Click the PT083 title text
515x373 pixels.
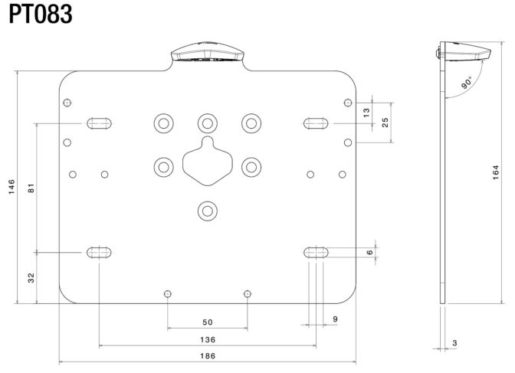pyautogui.click(x=41, y=15)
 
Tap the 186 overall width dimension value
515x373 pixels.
pyautogui.click(x=208, y=356)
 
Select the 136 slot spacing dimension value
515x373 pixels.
pyautogui.click(x=208, y=339)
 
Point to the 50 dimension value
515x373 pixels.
pyautogui.click(x=208, y=322)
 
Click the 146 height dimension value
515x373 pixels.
pyautogui.click(x=11, y=187)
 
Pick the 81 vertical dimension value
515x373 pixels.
pyautogui.click(x=31, y=188)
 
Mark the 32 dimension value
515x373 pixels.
pyautogui.click(x=31, y=278)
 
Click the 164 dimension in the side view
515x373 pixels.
pyautogui.click(x=496, y=172)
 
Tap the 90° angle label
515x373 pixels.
pyautogui.click(x=467, y=83)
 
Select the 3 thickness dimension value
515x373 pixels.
pyautogui.click(x=454, y=343)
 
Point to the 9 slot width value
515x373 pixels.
pyautogui.click(x=335, y=319)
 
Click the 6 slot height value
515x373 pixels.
pyautogui.click(x=370, y=252)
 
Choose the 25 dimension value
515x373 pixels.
pyautogui.click(x=385, y=123)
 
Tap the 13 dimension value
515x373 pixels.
pyautogui.click(x=366, y=113)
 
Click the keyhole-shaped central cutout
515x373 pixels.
pyautogui.click(x=208, y=161)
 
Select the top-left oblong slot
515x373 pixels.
pyautogui.click(x=99, y=123)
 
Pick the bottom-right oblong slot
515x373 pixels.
pyautogui.click(x=316, y=253)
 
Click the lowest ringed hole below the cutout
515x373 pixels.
pyautogui.click(x=208, y=211)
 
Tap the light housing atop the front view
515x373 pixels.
pyautogui.click(x=208, y=52)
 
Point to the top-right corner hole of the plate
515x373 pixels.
pyautogui.click(x=348, y=103)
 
